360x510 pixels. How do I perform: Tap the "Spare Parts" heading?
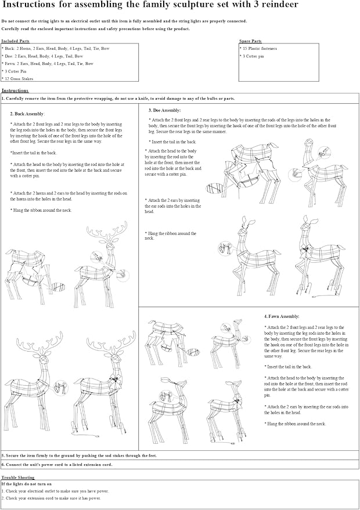pos(250,42)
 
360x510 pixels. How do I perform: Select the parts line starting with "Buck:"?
pos(55,49)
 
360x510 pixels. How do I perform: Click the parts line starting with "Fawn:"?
pos(47,64)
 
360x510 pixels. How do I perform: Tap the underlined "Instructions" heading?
pos(15,91)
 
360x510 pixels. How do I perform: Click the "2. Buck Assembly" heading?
pos(27,114)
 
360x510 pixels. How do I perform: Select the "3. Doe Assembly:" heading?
pos(164,110)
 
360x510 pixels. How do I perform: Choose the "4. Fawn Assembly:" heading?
pos(281,317)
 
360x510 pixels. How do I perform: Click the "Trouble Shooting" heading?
pos(18,477)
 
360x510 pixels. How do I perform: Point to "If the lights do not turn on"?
pos(27,483)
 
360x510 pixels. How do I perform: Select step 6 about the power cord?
pos(57,465)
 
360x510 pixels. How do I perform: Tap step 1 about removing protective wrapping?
pos(118,99)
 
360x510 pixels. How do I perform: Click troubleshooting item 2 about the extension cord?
pos(51,498)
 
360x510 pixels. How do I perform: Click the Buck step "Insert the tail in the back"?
pos(33,153)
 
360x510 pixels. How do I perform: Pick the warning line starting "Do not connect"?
pos(124,21)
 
